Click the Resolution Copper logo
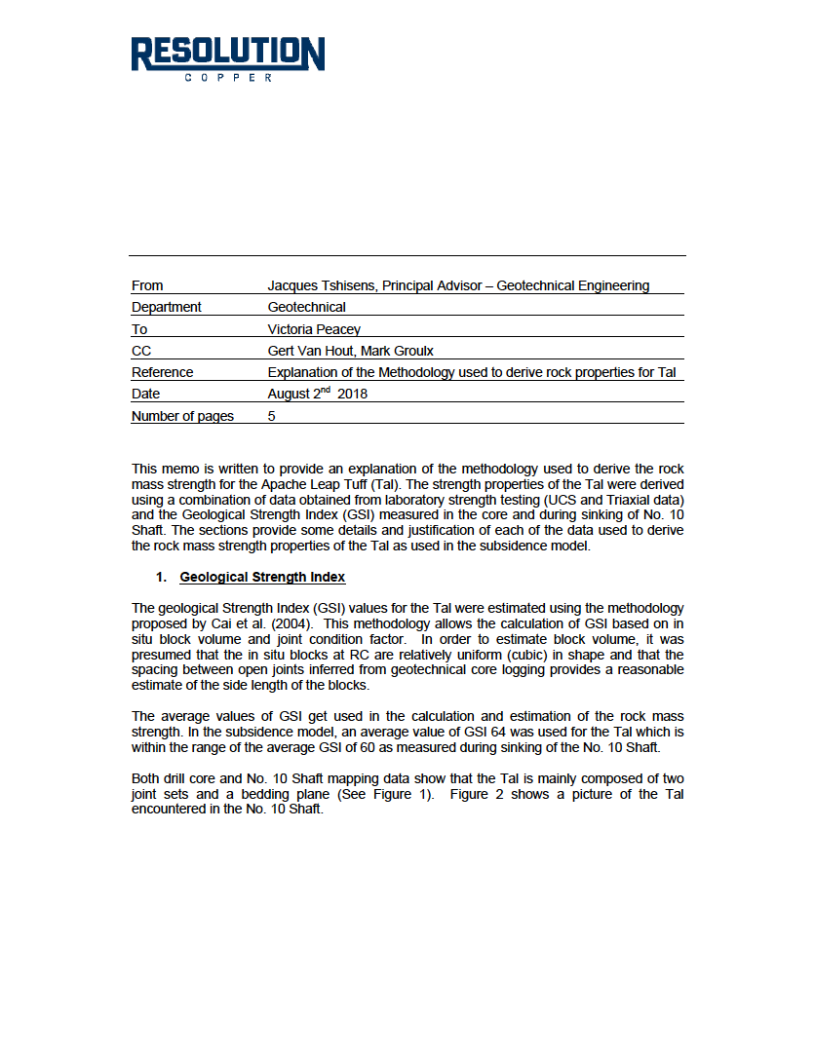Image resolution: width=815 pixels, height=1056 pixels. [228, 58]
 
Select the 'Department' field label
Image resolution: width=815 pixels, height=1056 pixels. [167, 307]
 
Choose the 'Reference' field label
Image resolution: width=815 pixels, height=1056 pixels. [162, 372]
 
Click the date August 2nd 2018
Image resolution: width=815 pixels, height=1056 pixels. [317, 394]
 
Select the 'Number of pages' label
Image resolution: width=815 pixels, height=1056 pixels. [182, 416]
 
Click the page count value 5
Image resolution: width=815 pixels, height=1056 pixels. [272, 416]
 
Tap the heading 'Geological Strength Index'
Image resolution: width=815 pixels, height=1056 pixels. [262, 578]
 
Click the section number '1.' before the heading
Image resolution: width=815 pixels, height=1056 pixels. [162, 578]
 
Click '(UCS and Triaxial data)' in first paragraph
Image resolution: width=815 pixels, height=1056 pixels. [604, 499]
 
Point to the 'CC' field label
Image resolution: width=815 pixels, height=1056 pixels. [141, 351]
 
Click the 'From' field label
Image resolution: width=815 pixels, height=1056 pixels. [147, 285]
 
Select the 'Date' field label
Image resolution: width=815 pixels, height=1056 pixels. [145, 394]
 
